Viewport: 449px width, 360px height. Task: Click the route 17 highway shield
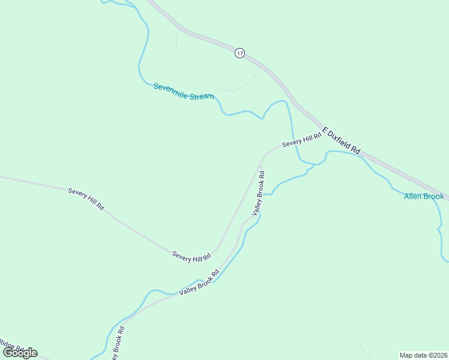240,53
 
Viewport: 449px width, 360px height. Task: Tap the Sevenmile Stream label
184,91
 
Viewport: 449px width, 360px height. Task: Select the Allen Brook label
424,196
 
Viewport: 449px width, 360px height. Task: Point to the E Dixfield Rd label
342,140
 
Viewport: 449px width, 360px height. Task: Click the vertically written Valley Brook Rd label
258,193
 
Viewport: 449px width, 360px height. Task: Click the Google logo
20,353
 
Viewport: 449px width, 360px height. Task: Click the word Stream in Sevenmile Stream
202,95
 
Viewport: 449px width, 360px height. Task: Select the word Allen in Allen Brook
413,196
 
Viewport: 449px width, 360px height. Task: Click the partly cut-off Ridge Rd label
11,346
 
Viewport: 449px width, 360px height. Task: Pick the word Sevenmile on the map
170,88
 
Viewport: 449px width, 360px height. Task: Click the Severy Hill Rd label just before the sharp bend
191,256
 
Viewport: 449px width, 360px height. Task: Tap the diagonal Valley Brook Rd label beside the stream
199,281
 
